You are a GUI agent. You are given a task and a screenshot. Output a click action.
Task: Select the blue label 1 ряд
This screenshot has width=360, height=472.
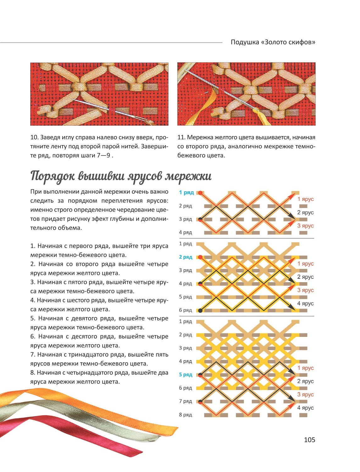[186, 192]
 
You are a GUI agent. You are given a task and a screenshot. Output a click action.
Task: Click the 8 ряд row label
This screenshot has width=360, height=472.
[186, 414]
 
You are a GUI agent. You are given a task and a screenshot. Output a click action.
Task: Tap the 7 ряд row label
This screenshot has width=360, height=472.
[186, 401]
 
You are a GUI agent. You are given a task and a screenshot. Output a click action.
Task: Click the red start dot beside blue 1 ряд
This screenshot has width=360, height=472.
[200, 193]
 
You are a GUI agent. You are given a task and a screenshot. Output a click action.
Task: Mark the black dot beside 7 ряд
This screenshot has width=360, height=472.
[200, 402]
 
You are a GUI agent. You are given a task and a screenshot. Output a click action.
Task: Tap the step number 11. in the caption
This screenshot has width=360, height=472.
[181, 137]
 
